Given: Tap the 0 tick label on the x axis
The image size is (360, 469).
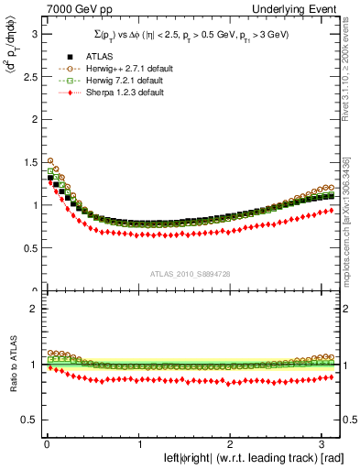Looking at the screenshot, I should [47, 444].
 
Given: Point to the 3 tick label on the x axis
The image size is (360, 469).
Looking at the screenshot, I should [325, 444].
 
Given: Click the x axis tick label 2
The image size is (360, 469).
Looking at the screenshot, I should [233, 444].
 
